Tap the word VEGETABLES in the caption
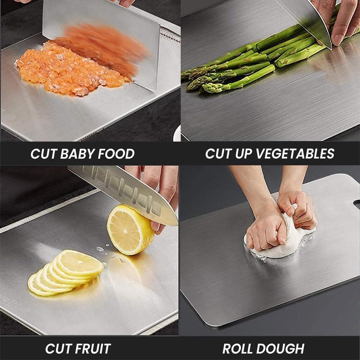pos(294,154)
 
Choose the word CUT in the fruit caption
pos(58,348)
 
